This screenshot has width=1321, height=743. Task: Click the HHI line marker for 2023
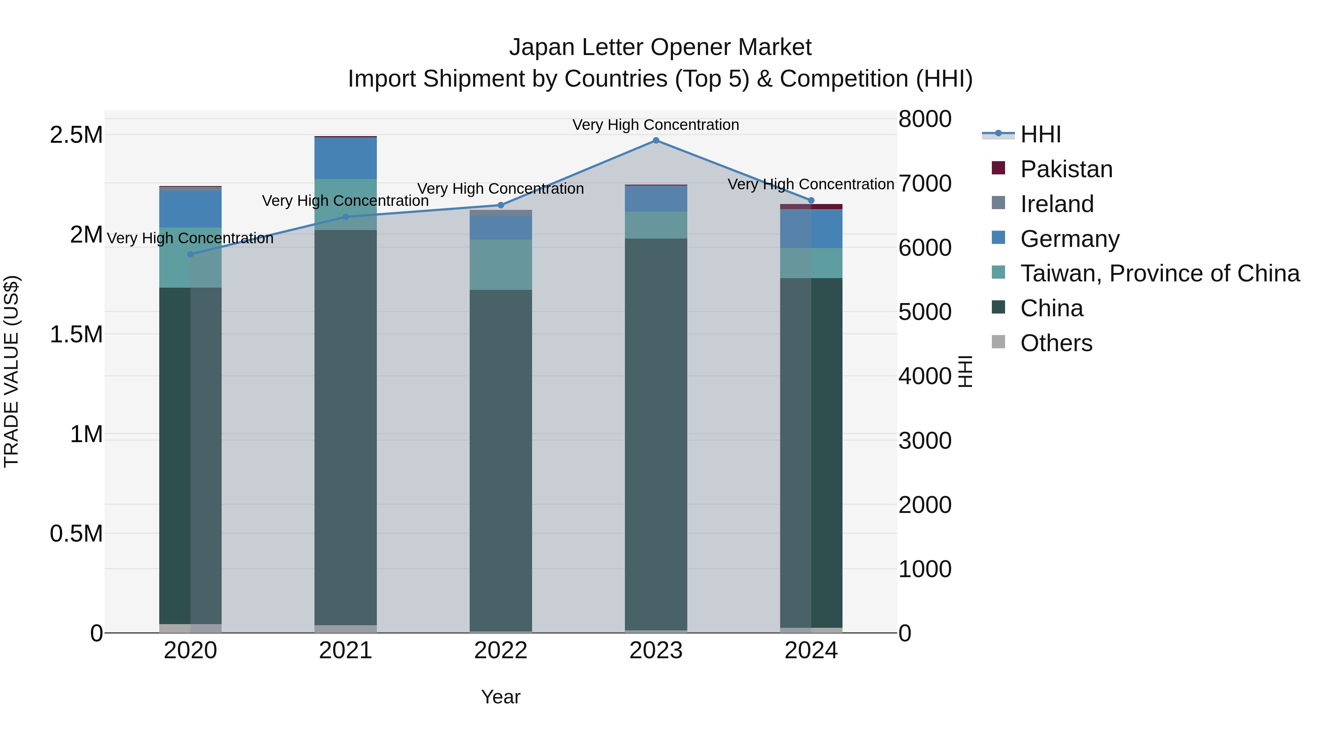(x=655, y=141)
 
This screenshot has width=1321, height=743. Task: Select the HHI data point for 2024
(x=811, y=200)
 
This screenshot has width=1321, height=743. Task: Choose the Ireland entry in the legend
(x=1057, y=204)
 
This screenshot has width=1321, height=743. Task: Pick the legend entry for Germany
(x=1070, y=239)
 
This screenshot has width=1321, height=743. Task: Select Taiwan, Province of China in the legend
(x=1160, y=273)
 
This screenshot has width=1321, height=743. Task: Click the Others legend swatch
(x=998, y=342)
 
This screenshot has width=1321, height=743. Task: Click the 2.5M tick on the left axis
(x=76, y=135)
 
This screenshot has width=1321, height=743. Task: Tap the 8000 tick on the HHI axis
(x=925, y=119)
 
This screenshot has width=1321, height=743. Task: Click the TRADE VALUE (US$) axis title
(x=12, y=371)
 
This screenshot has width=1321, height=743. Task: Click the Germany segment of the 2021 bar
(x=345, y=158)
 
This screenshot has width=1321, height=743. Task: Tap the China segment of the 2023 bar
(x=655, y=434)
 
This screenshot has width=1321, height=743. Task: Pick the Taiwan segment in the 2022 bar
(x=501, y=265)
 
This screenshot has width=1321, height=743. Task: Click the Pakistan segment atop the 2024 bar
(x=811, y=207)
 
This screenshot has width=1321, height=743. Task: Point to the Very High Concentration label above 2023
(x=655, y=125)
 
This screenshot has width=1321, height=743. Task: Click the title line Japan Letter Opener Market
(x=660, y=47)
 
